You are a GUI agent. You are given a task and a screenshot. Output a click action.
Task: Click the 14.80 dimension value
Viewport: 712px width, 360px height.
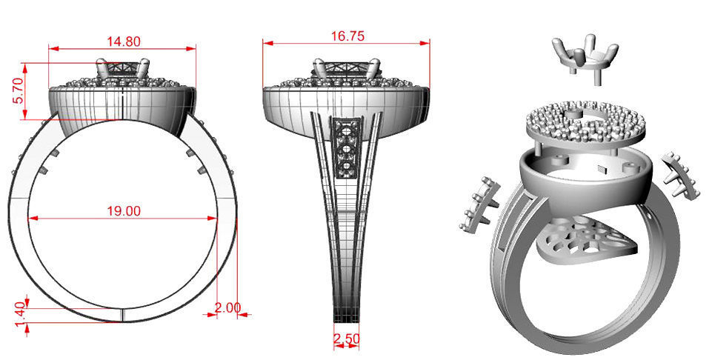pos(123,41)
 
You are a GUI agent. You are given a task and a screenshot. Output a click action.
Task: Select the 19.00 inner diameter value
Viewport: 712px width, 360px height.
pos(123,210)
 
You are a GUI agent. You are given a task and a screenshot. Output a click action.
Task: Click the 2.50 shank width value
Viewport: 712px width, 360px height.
pos(347,339)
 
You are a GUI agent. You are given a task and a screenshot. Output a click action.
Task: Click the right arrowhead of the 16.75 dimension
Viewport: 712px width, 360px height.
pos(429,43)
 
